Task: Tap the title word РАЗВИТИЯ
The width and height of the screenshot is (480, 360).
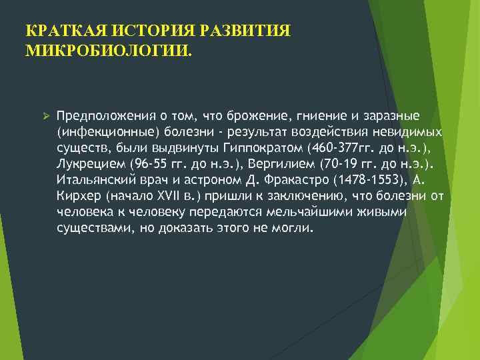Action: click(x=233, y=31)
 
